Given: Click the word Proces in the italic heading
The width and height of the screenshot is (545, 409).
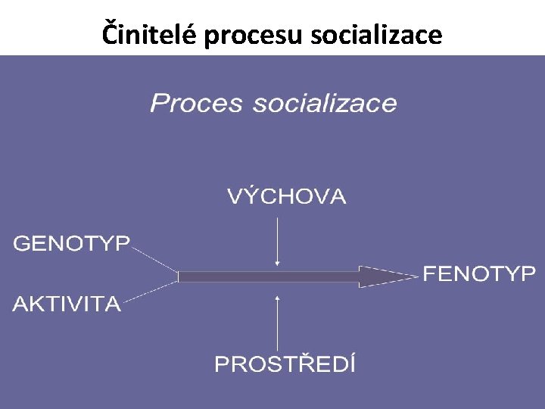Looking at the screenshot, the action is [x=198, y=103].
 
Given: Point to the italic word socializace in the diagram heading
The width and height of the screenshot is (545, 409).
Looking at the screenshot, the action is [x=325, y=103].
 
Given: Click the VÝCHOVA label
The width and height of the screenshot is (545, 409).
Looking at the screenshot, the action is [x=286, y=198].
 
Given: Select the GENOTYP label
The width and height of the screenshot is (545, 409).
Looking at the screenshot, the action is [x=72, y=244].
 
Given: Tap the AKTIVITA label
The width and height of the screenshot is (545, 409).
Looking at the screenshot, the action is [x=67, y=305].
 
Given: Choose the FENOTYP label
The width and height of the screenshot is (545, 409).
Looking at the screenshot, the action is [x=478, y=274].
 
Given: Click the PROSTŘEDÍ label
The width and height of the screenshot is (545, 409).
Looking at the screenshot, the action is [x=285, y=364].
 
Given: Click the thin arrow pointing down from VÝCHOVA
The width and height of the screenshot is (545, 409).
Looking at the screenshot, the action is [x=278, y=241].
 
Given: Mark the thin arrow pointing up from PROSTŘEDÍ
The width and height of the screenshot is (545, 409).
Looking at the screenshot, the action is [x=279, y=322].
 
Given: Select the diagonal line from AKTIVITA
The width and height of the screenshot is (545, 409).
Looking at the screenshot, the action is [x=151, y=292].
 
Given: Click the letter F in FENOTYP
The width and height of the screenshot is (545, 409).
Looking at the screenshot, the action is [x=429, y=274].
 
